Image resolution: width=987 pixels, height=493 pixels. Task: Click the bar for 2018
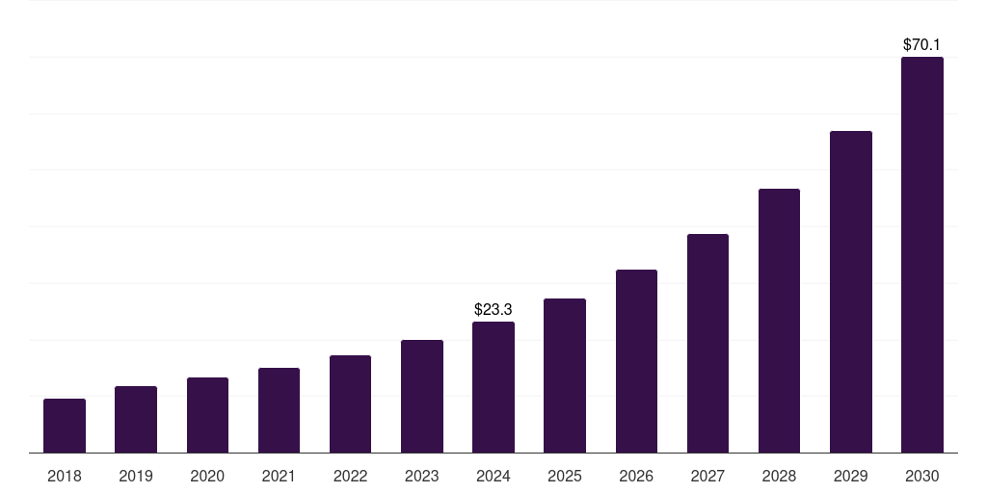(x=65, y=426)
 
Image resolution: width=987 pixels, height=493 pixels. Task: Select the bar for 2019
(x=136, y=419)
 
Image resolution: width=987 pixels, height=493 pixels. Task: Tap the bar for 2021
(x=279, y=410)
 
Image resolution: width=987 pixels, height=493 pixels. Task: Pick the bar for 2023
(x=422, y=396)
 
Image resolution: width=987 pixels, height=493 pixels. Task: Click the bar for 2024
(x=493, y=387)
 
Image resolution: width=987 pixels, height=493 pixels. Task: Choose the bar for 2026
(x=636, y=361)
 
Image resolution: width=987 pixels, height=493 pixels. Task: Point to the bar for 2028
(x=779, y=321)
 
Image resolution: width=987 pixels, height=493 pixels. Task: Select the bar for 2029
(x=850, y=292)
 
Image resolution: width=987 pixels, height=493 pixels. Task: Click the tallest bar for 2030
(x=922, y=255)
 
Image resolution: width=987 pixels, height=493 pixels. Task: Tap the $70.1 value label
(x=922, y=44)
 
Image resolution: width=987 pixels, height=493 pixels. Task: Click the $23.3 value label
(x=493, y=309)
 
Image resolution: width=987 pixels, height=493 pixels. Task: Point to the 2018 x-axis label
(x=65, y=476)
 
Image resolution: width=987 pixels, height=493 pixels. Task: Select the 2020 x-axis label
(x=207, y=476)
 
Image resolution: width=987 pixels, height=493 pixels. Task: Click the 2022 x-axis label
(x=350, y=476)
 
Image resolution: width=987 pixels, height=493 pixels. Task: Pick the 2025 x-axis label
(x=565, y=476)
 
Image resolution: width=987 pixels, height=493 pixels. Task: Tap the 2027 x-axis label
(x=707, y=476)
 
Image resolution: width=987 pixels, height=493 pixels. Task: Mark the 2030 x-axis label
(x=922, y=476)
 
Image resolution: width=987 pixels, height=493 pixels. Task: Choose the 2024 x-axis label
(x=493, y=476)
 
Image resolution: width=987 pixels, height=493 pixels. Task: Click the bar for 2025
(x=565, y=376)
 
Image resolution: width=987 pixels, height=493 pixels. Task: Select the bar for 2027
(x=707, y=343)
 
